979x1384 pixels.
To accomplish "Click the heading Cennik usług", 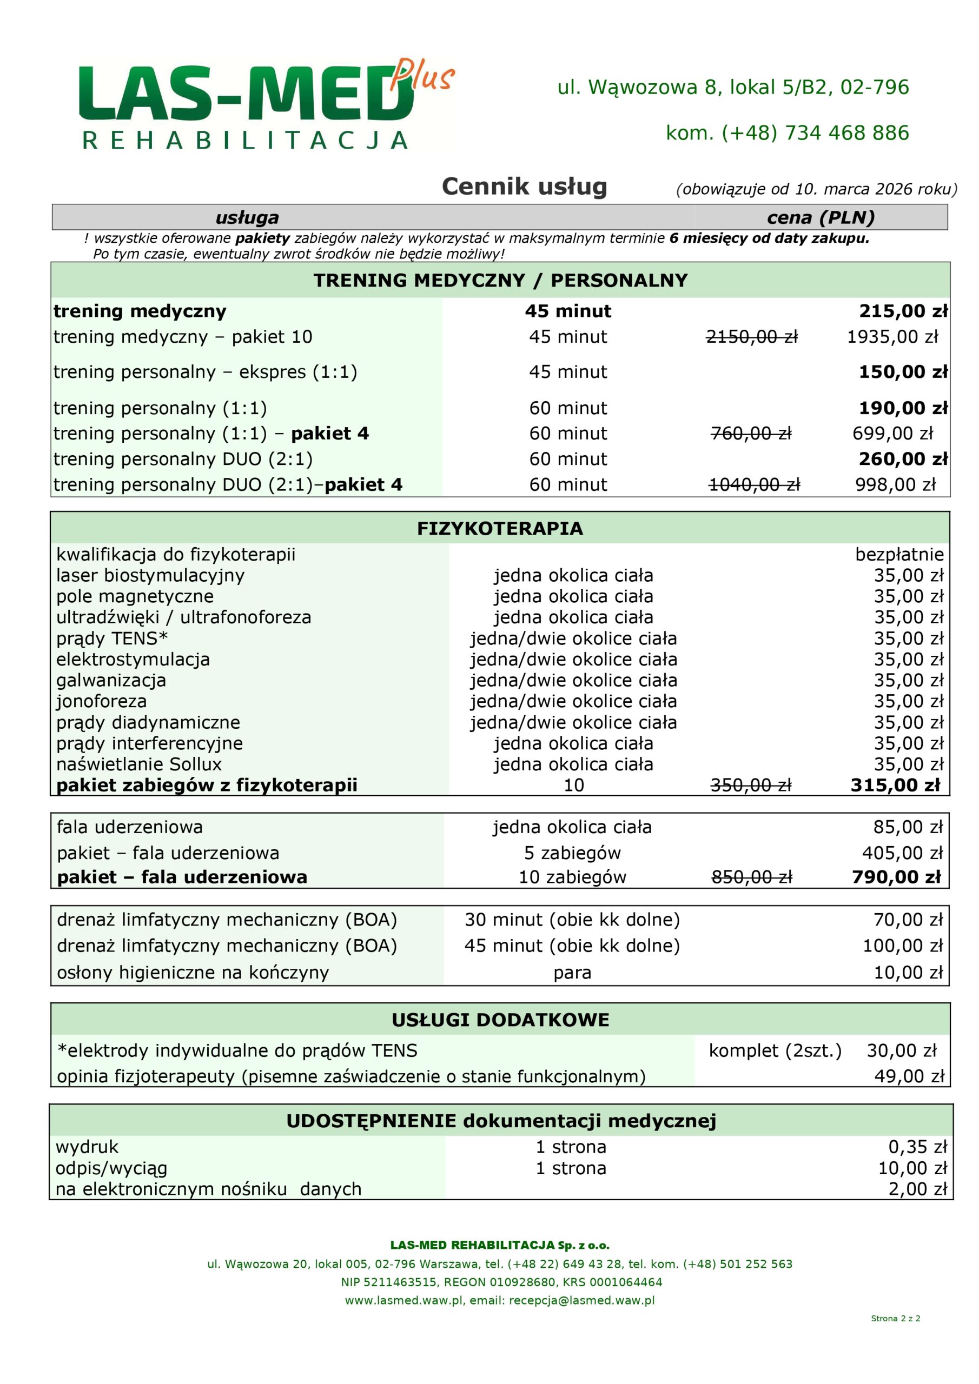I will tap(524, 187).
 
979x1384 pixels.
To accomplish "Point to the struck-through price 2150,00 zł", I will tap(752, 336).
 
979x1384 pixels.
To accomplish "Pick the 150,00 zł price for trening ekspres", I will tap(902, 372).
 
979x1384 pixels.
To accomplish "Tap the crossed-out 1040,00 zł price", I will tap(754, 484).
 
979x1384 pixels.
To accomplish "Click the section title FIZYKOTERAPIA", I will tap(500, 529).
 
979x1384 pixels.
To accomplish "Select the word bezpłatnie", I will tap(899, 555).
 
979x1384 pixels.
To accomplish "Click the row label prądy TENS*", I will tap(112, 638).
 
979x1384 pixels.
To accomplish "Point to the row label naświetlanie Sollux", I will tap(139, 764).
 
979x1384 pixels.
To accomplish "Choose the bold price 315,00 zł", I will tap(895, 786).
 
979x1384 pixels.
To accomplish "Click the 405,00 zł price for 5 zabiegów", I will tap(902, 853).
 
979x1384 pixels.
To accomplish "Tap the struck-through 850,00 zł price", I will tap(752, 877).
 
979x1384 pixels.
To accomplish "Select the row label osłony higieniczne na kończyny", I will tap(193, 972).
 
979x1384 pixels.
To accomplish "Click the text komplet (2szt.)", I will tap(775, 1050).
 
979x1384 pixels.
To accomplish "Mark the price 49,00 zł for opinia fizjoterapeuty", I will tap(909, 1076).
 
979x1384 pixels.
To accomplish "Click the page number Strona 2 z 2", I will tap(895, 1318).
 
